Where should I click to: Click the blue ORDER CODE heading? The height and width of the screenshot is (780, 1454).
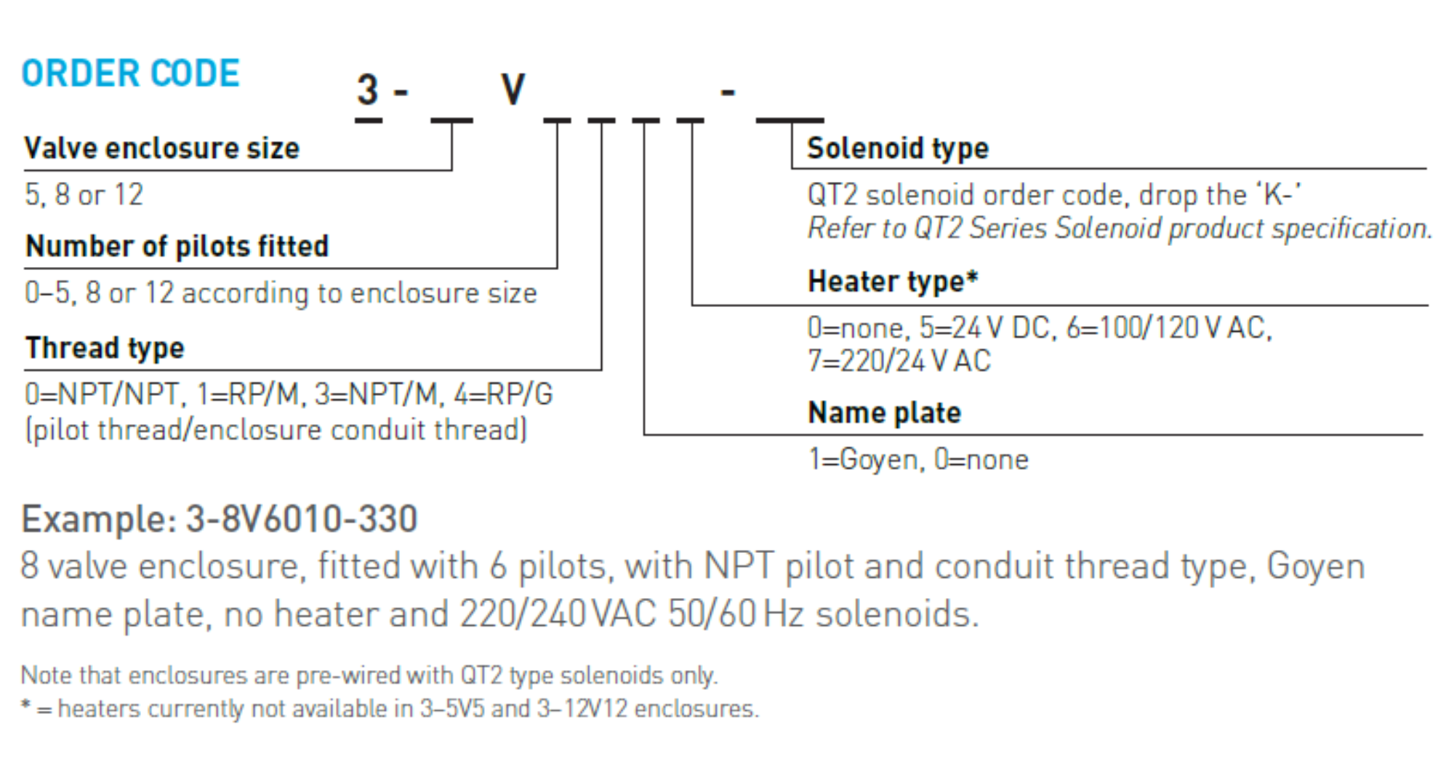pos(130,73)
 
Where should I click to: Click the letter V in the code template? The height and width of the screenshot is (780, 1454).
pos(513,90)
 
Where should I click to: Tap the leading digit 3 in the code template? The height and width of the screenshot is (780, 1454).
pos(368,90)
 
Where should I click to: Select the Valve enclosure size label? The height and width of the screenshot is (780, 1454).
pos(161,148)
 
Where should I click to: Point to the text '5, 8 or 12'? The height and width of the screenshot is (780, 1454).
pos(84,195)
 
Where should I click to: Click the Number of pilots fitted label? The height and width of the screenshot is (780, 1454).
pos(177,247)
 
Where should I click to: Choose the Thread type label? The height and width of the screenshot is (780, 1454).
pos(105,348)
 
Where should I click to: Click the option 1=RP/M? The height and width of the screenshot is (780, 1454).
pos(247,394)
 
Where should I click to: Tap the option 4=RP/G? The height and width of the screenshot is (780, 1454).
pos(503,394)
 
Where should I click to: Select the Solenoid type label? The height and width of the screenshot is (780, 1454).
pos(898,148)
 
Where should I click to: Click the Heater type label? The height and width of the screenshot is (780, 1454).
pos(893,282)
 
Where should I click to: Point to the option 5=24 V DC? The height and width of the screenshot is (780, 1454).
pos(985,328)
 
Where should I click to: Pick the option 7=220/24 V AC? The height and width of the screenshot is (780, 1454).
pos(899,362)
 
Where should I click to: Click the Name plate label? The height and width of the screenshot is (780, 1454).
pos(884,413)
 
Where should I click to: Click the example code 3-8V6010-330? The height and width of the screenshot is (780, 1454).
pos(302,520)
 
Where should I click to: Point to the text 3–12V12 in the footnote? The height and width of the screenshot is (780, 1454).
pos(582,709)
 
